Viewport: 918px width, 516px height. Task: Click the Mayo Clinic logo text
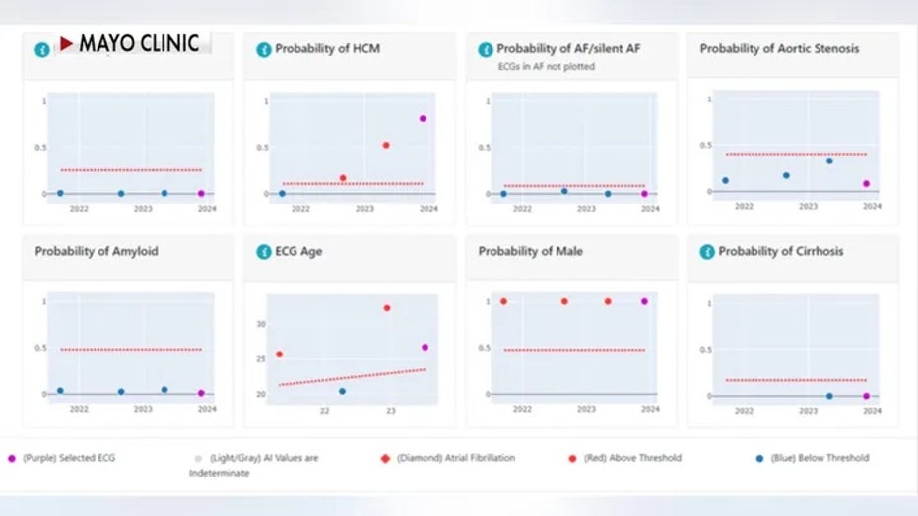coord(139,43)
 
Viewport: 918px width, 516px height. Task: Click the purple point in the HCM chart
coord(423,118)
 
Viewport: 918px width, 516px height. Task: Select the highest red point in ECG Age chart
coord(386,308)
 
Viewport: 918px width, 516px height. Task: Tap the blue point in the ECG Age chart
coord(342,391)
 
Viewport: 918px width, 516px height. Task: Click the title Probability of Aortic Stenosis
coord(779,48)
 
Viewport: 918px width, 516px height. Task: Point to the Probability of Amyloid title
coord(97,251)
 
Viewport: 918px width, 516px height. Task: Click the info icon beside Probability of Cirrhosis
coord(706,252)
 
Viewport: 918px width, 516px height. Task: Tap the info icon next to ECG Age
coord(263,252)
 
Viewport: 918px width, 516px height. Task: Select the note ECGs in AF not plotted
coord(546,67)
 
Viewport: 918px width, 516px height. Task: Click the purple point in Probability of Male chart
coord(644,301)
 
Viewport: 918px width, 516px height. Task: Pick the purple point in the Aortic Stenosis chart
coord(866,183)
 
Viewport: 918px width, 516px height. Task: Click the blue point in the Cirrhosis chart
coord(829,396)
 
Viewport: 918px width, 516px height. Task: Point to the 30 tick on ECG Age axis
coord(261,324)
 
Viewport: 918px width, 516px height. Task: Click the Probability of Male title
coord(530,251)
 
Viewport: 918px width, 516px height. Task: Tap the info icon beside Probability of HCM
coord(263,49)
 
